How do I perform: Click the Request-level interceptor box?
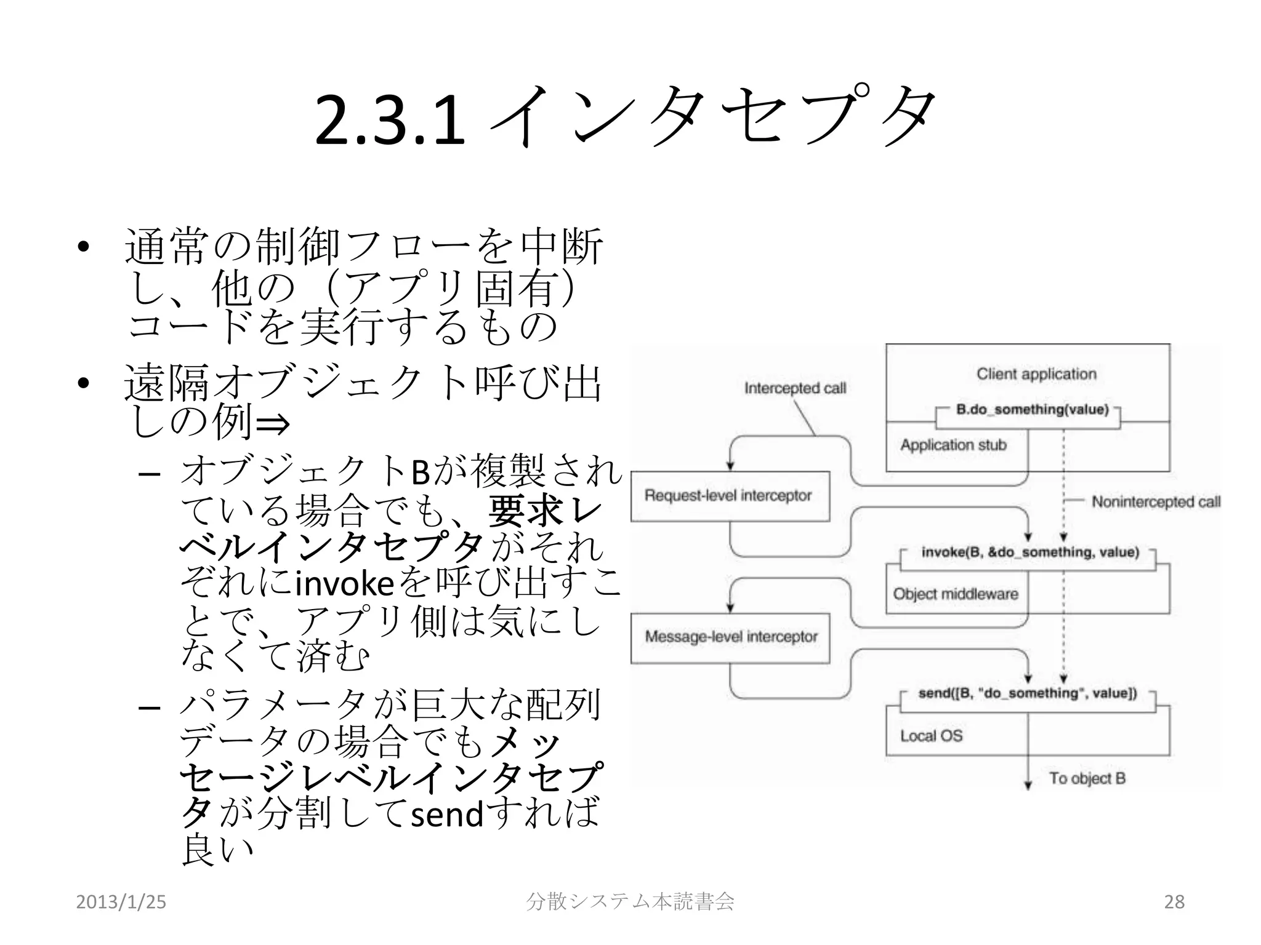click(x=730, y=496)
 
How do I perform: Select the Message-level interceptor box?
click(x=730, y=637)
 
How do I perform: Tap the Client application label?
click(x=1036, y=374)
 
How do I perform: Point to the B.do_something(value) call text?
click(x=1032, y=410)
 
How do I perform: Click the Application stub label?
click(x=953, y=445)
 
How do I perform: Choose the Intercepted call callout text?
click(x=795, y=388)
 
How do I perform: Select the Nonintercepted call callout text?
click(x=1156, y=502)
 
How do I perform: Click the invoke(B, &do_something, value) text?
click(x=1030, y=552)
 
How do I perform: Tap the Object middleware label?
click(x=956, y=594)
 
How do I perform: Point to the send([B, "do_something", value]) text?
click(x=1028, y=693)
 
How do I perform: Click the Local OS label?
click(x=931, y=736)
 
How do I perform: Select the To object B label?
click(x=1087, y=778)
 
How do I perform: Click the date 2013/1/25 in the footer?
click(x=121, y=902)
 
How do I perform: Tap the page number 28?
click(x=1174, y=902)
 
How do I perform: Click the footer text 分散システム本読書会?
click(x=630, y=902)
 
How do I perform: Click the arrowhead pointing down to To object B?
click(x=1028, y=785)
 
